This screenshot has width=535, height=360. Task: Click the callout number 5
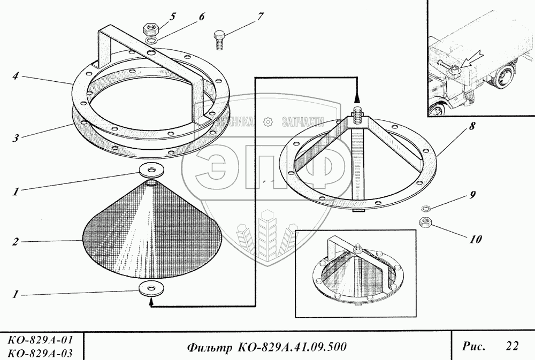click(173, 16)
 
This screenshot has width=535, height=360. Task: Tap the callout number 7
click(260, 16)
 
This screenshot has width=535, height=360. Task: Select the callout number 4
click(17, 76)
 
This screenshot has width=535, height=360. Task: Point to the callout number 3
click(17, 138)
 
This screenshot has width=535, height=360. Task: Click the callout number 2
click(17, 242)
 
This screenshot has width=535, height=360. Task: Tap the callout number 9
click(472, 195)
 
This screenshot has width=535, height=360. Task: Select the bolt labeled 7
click(219, 40)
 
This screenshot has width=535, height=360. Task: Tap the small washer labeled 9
click(426, 209)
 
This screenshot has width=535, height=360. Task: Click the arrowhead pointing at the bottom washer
click(152, 302)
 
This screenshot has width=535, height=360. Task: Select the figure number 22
click(511, 346)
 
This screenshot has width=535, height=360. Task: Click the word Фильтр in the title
click(208, 347)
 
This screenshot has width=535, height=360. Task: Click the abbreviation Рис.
click(474, 346)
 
